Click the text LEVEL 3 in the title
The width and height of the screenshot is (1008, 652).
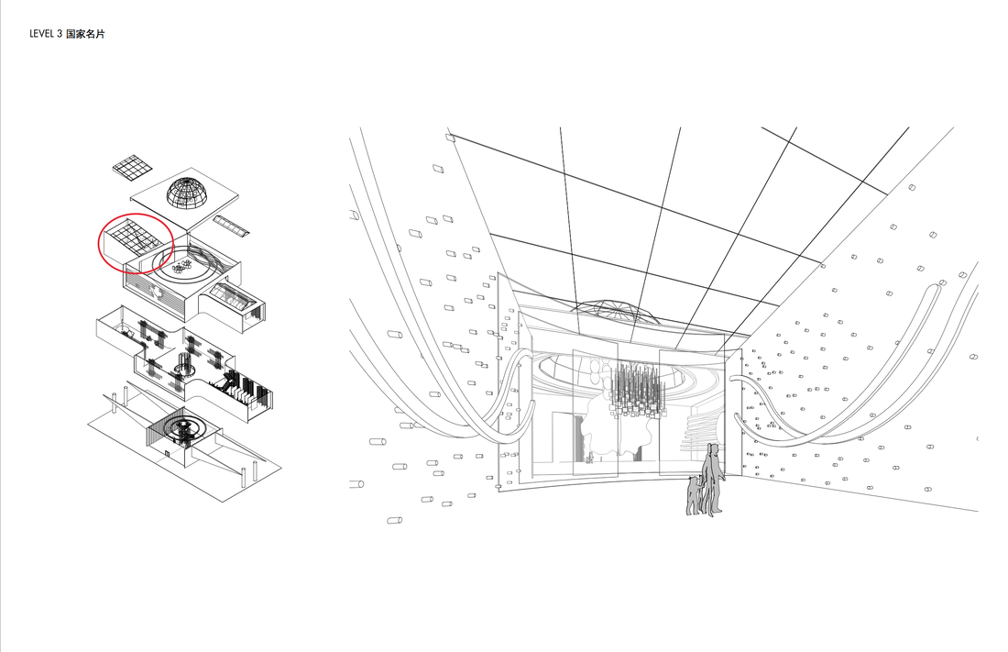click(x=46, y=34)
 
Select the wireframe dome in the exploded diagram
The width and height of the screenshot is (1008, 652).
click(x=192, y=191)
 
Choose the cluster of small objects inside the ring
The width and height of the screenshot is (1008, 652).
click(x=187, y=265)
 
